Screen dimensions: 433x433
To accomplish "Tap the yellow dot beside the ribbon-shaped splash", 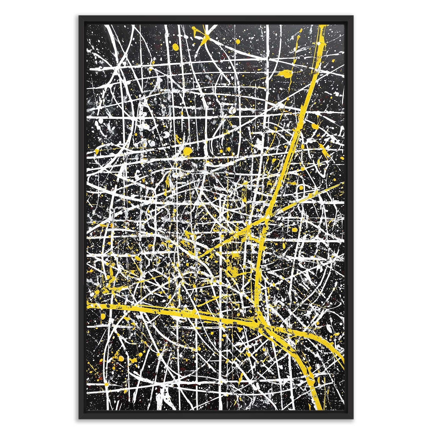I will pyautogui.click(x=175, y=46).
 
